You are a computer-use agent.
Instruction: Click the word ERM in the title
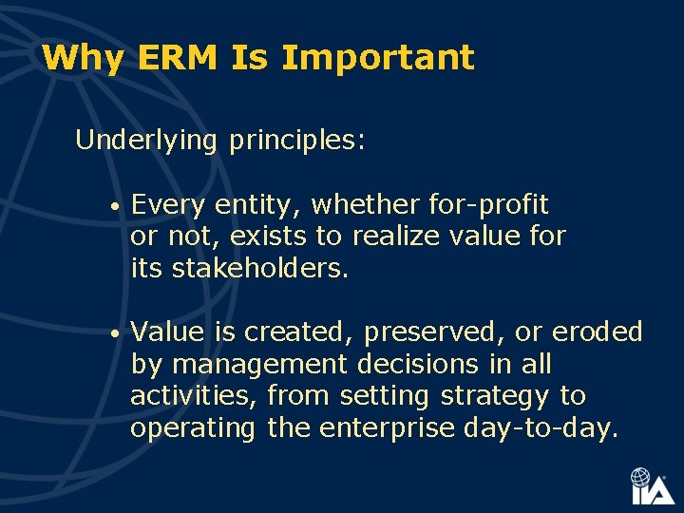tap(178, 58)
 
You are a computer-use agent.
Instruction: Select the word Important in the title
tap(377, 58)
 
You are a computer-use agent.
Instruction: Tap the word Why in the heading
tap(83, 58)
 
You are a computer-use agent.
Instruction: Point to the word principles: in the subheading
tap(296, 141)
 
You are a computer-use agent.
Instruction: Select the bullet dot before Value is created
tap(113, 334)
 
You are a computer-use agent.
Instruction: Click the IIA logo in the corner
tap(652, 486)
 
